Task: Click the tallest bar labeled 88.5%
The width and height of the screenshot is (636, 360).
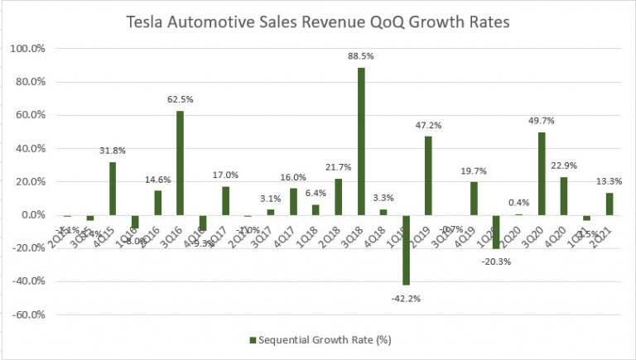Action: [x=361, y=141]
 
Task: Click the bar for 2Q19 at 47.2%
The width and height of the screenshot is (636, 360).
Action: [x=429, y=175]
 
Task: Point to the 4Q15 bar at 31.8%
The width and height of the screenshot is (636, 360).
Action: [x=113, y=189]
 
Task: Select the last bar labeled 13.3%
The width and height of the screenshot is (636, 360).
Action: [x=609, y=204]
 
